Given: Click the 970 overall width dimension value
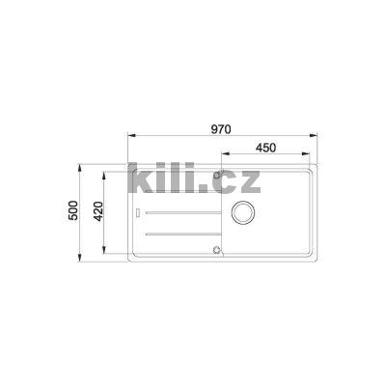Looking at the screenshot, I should (x=220, y=124).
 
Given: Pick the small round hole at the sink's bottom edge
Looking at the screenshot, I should (x=215, y=249).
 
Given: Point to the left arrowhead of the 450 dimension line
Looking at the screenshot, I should (x=214, y=160).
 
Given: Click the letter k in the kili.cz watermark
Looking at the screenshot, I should (x=142, y=179).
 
